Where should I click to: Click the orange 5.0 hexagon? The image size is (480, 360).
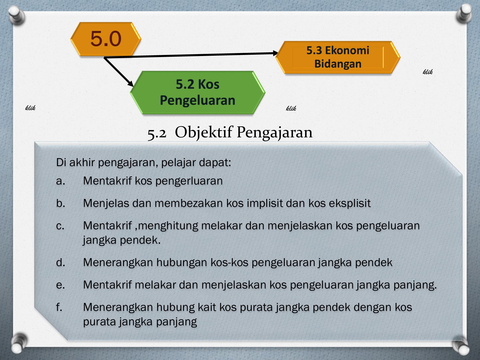tap(106, 39)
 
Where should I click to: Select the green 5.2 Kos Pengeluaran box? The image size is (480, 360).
tap(198, 93)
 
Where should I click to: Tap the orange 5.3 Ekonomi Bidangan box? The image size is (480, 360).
tap(338, 57)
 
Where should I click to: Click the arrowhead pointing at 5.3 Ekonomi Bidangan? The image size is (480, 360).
tap(275, 53)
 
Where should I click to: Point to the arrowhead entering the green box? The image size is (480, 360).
tap(131, 84)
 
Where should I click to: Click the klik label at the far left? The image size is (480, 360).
tap(30, 108)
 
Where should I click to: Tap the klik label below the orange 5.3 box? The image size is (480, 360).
tap(428, 72)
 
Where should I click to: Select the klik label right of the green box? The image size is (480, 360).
tap(291, 108)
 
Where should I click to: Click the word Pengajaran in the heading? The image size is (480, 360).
tap(275, 133)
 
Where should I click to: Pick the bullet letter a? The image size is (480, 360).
tap(61, 181)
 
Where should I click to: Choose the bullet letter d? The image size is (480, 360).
tap(61, 262)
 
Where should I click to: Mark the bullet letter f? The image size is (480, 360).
tap(59, 307)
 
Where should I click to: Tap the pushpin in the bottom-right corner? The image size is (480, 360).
tap(461, 345)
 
